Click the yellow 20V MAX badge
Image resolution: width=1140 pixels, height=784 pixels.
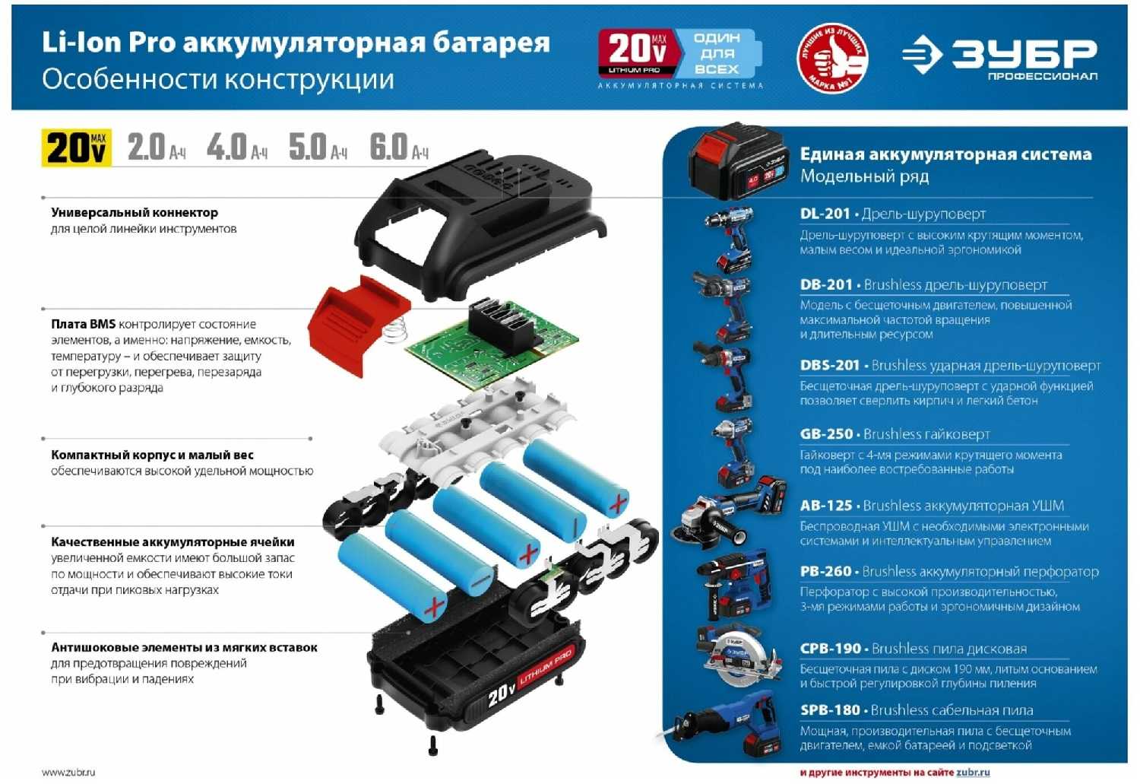77,148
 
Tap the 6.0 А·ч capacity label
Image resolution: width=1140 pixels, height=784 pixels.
399,147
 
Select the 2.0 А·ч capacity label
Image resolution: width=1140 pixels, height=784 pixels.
157,147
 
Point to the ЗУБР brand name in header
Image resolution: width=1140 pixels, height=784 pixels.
1024,53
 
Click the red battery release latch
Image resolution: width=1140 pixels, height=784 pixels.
358,325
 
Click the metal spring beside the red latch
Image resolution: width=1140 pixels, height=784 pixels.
394,329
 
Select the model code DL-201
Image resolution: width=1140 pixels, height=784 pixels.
825,214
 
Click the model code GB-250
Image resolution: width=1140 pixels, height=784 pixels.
826,434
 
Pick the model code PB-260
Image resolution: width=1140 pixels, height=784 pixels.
825,572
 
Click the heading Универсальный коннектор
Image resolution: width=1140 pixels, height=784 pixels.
135,213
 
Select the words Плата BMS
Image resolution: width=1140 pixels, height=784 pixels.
83,324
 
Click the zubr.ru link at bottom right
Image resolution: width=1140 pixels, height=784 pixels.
973,773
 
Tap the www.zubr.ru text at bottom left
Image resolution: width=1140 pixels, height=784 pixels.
68,773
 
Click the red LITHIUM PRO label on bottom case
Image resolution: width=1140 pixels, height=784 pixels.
546,667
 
